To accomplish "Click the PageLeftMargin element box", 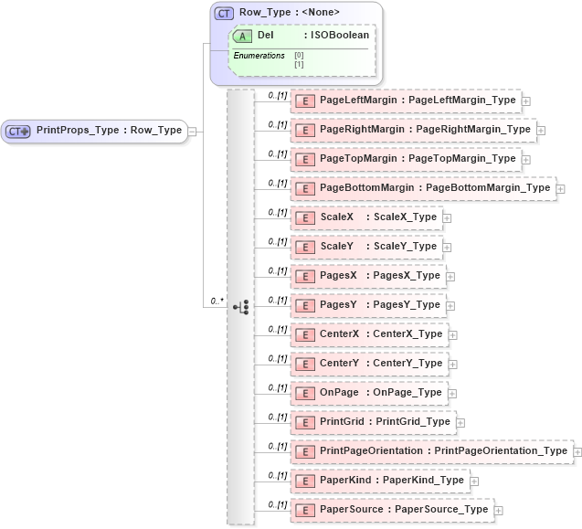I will [404, 101].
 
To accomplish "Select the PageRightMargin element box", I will [413, 130].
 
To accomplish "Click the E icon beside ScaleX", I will [306, 217].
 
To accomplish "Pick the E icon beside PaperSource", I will [306, 510].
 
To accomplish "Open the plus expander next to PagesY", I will [450, 306].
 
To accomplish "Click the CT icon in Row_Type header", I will [224, 13].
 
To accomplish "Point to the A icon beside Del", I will [243, 36].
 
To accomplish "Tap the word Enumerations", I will [259, 57].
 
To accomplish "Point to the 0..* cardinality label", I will [217, 300].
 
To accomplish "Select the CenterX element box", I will [369, 334].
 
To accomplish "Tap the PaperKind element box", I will [379, 481].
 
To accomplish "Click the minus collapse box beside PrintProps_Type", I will [194, 132].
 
